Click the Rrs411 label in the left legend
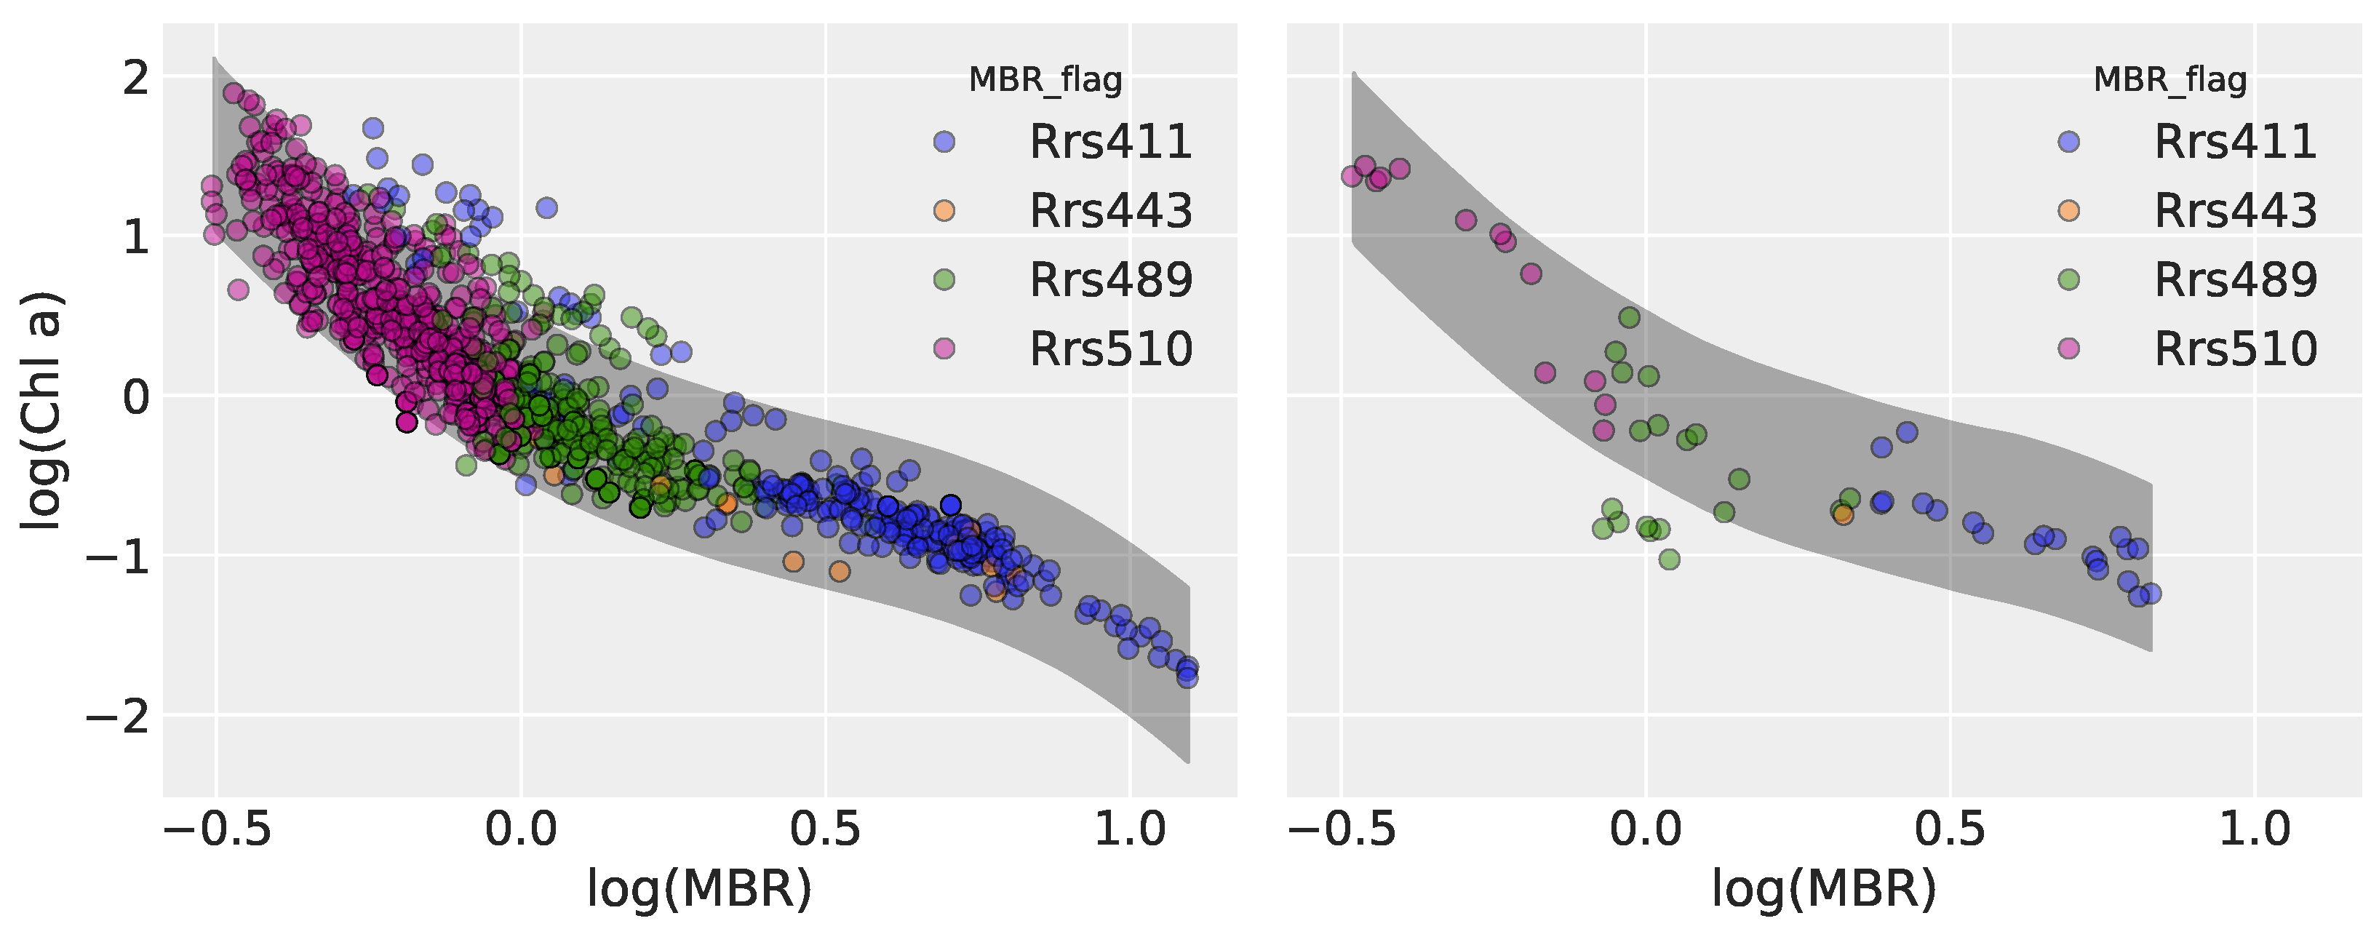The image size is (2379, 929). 1111,142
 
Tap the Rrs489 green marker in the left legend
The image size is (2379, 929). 944,280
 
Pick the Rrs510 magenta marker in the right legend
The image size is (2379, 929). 2068,348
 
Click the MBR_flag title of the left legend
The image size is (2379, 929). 1045,80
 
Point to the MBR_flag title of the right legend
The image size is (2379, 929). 2169,80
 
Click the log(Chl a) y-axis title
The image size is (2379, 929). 41,411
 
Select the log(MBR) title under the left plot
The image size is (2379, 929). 699,889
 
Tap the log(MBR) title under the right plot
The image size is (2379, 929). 1824,889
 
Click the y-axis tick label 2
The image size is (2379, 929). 136,78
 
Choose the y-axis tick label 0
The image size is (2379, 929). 136,397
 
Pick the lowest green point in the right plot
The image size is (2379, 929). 1669,559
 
